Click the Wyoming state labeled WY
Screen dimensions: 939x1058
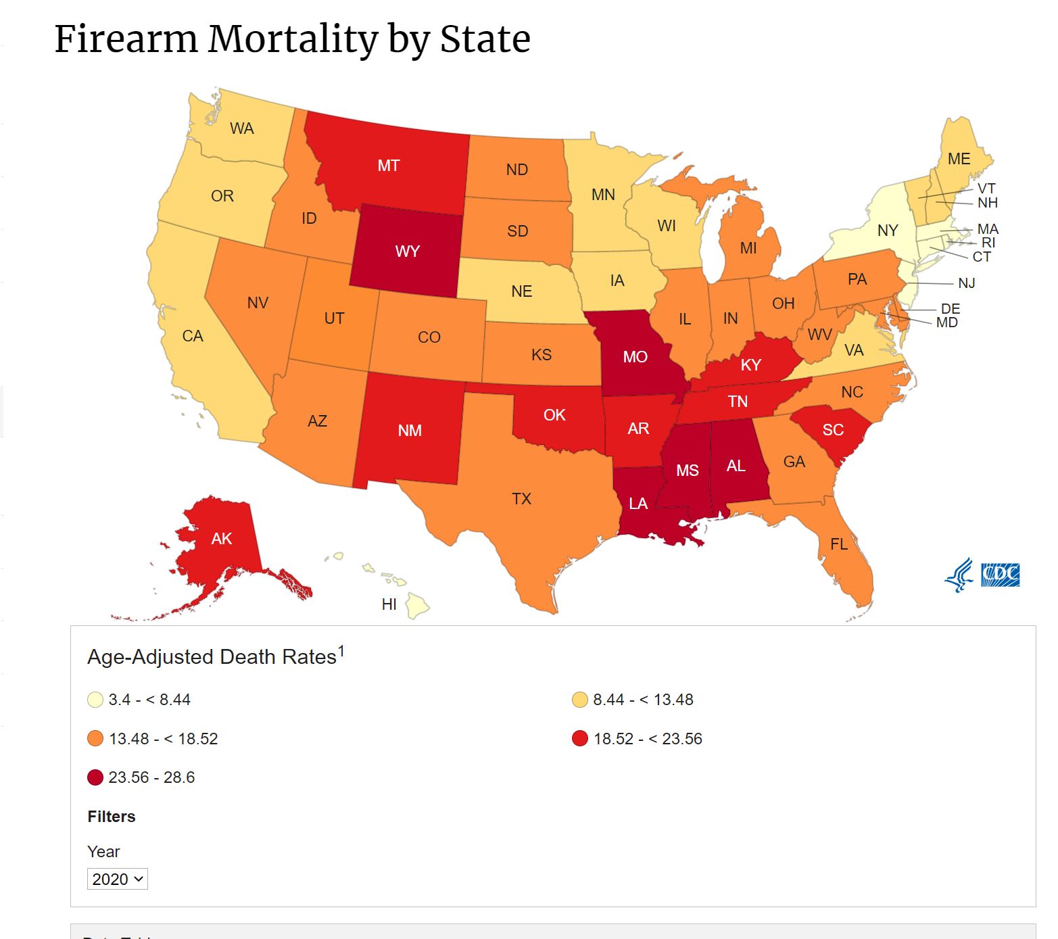pyautogui.click(x=407, y=251)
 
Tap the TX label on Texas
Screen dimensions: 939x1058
pyautogui.click(x=521, y=499)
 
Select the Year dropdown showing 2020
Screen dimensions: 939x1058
pyautogui.click(x=118, y=879)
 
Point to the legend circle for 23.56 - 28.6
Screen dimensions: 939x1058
pyautogui.click(x=95, y=777)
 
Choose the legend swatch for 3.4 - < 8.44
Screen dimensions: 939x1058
pyautogui.click(x=95, y=700)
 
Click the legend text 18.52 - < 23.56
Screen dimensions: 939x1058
pyautogui.click(x=648, y=739)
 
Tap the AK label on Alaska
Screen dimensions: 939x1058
pyautogui.click(x=222, y=539)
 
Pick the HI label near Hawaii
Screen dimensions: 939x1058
pyautogui.click(x=389, y=604)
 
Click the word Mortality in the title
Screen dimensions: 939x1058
pyautogui.click(x=292, y=39)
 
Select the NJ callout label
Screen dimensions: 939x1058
pyautogui.click(x=967, y=283)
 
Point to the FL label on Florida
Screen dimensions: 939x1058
pyautogui.click(x=839, y=544)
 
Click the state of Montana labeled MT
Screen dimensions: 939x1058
pyautogui.click(x=389, y=166)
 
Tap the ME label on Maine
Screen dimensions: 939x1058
pyautogui.click(x=959, y=159)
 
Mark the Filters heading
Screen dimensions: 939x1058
pyautogui.click(x=112, y=817)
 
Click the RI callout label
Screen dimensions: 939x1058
pyautogui.click(x=988, y=243)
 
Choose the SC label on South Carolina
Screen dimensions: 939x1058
pyautogui.click(x=833, y=430)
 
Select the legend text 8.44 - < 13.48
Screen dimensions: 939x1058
pyautogui.click(x=643, y=700)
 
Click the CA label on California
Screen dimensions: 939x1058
pyautogui.click(x=193, y=336)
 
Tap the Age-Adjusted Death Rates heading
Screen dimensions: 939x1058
pyautogui.click(x=212, y=657)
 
